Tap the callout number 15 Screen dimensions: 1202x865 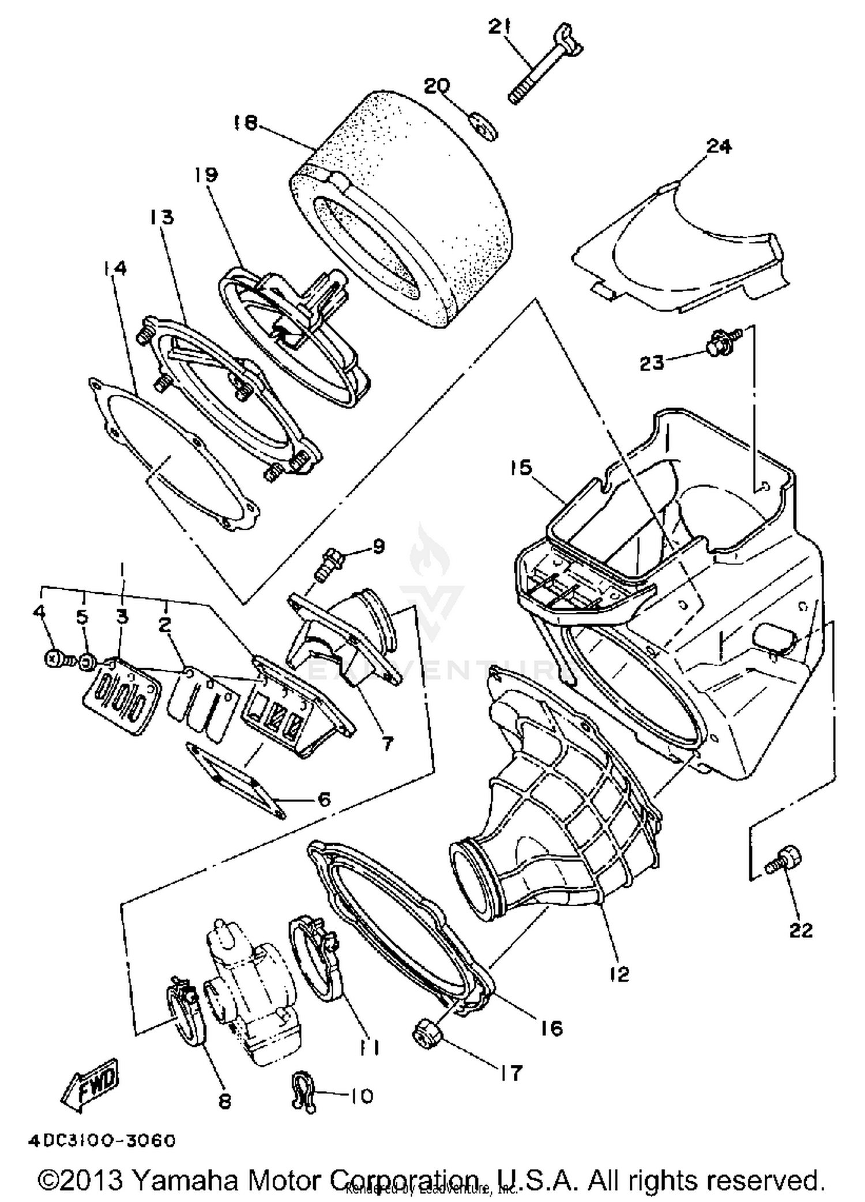pyautogui.click(x=522, y=467)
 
